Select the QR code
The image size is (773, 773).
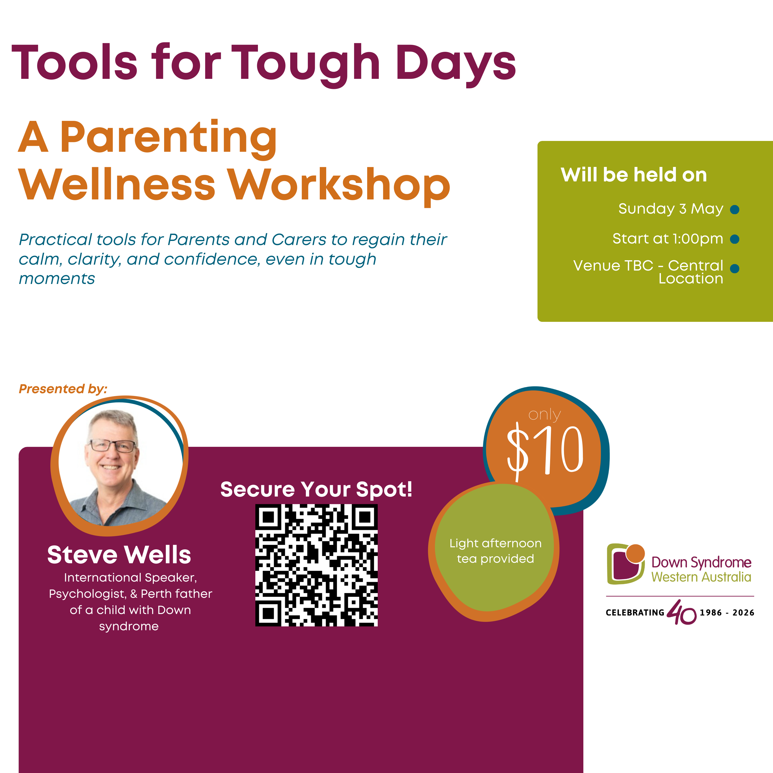(316, 565)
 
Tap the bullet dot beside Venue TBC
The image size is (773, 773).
(735, 268)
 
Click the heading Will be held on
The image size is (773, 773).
(634, 175)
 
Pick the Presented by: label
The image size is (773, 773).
(63, 389)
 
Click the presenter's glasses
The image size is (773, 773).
(112, 445)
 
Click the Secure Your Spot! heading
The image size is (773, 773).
(316, 489)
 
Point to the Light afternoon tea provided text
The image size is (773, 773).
(495, 551)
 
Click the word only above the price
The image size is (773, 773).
(544, 415)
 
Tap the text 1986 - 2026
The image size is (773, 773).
(727, 612)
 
